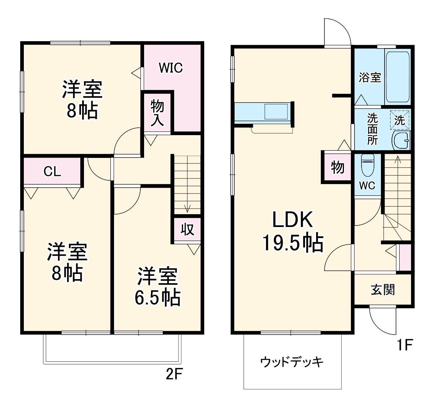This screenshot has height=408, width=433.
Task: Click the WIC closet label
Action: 170,68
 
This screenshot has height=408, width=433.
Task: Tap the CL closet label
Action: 52,171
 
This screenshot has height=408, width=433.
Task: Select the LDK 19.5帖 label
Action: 293,231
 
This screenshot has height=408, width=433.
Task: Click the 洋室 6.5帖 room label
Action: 158,287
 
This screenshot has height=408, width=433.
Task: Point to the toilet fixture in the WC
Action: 367,165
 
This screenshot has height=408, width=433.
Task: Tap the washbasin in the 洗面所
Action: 401,140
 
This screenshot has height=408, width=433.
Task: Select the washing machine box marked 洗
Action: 400,120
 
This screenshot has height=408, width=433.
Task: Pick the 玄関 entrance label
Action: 383,290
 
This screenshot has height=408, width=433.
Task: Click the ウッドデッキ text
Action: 292,362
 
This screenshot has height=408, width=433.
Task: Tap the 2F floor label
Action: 174,375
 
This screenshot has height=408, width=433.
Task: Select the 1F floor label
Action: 405,345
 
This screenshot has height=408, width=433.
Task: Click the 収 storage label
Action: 187,230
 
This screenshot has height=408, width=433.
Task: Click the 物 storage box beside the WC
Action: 337,167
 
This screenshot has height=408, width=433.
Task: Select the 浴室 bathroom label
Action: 370,77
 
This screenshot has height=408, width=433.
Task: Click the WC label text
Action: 367,185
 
